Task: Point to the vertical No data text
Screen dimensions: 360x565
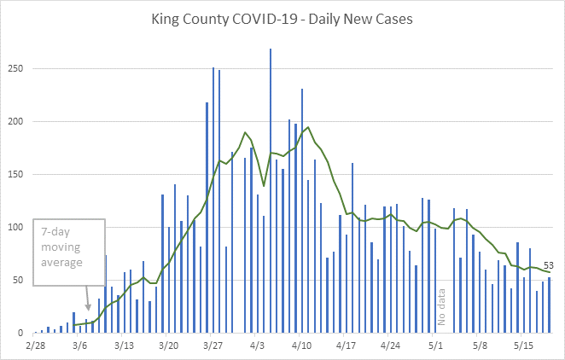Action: click(442, 308)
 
